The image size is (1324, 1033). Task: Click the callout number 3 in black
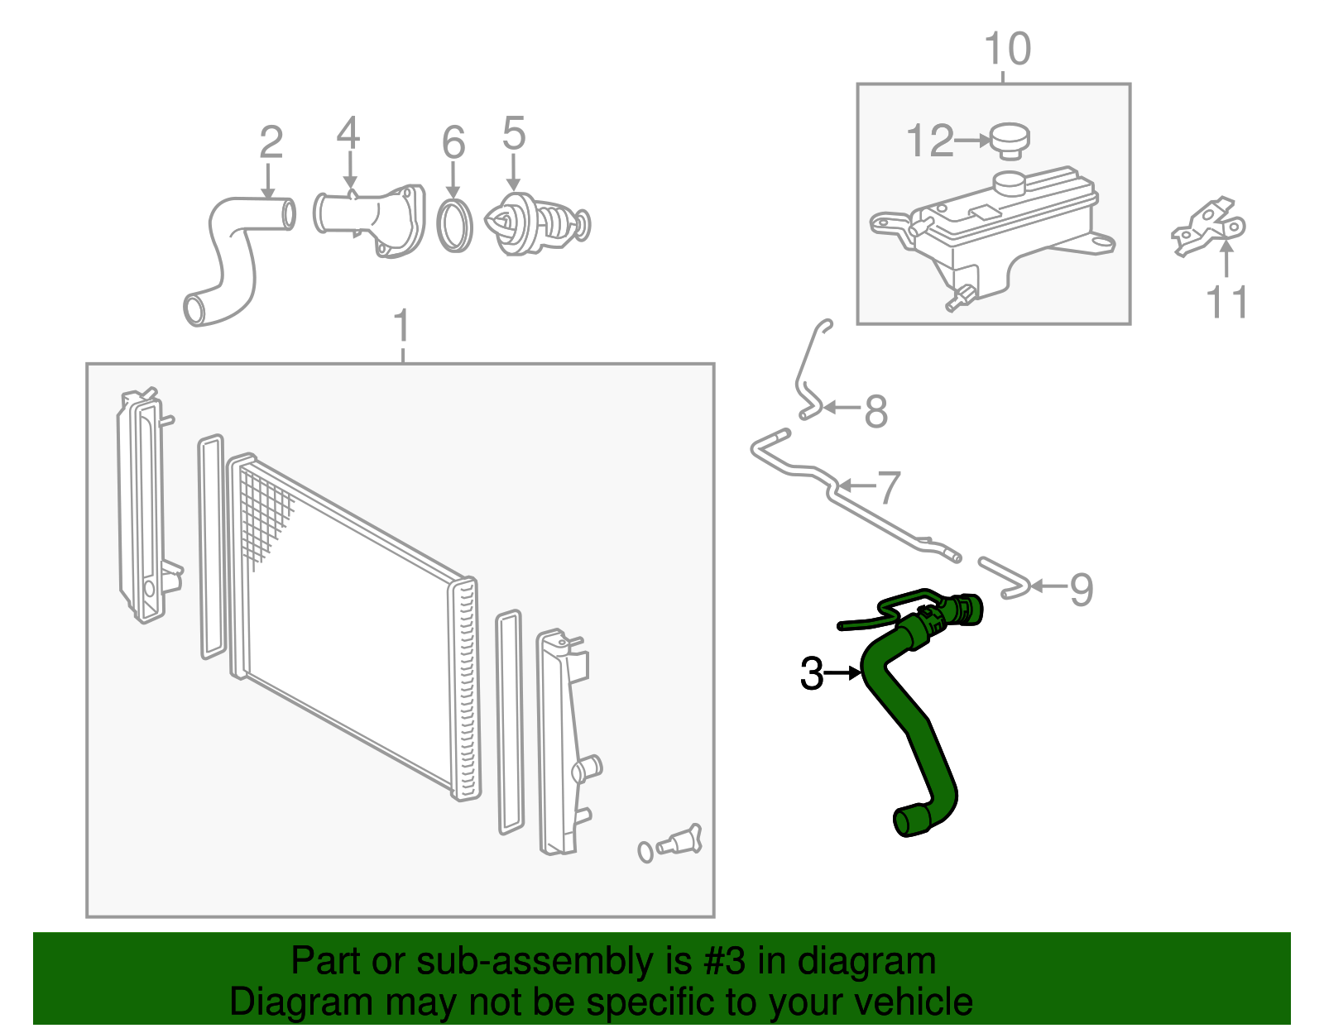coord(812,673)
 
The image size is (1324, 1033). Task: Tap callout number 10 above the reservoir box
coord(1007,49)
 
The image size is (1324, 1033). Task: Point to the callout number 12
coord(930,141)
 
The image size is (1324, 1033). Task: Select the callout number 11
coord(1226,302)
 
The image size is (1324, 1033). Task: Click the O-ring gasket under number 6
coord(454,225)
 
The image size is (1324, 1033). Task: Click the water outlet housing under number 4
coord(372,220)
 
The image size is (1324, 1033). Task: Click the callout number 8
coord(875,411)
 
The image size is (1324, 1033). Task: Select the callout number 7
coord(888,487)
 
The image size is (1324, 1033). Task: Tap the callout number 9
coord(1081,589)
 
